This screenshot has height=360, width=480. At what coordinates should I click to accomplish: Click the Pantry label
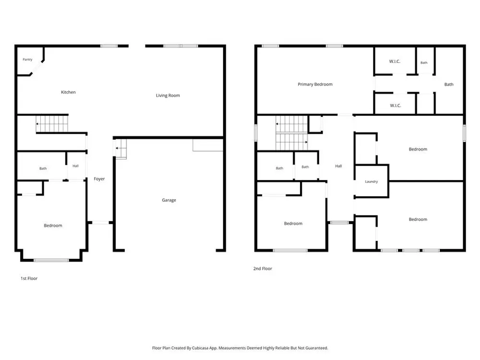click(27, 60)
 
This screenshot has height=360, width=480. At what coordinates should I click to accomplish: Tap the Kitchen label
click(68, 92)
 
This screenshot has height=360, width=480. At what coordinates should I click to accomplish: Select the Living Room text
click(168, 96)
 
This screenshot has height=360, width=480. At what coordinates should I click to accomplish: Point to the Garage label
click(169, 200)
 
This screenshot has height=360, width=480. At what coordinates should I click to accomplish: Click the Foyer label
click(99, 179)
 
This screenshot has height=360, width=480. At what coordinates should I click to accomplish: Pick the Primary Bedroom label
click(315, 84)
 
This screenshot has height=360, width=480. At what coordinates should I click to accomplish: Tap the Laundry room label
click(372, 181)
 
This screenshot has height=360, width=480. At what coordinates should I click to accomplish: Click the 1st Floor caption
click(29, 278)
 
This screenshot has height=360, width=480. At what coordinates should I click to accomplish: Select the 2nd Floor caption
click(263, 268)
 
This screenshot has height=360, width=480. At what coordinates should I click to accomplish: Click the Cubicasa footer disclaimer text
click(240, 348)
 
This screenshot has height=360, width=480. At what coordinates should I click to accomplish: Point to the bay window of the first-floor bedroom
click(51, 261)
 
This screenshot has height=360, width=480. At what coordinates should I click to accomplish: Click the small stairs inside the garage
click(121, 149)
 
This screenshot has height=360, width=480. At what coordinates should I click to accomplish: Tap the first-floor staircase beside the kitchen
click(52, 124)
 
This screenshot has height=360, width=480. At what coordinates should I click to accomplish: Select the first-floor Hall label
click(76, 166)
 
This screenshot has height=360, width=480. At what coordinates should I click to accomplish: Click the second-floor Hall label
click(338, 166)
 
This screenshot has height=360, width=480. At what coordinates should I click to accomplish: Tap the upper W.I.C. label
click(395, 61)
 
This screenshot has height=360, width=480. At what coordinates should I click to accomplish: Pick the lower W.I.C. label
click(396, 106)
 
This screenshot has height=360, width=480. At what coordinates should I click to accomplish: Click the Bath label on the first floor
click(43, 168)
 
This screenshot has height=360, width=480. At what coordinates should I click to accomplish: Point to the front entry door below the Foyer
click(101, 223)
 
